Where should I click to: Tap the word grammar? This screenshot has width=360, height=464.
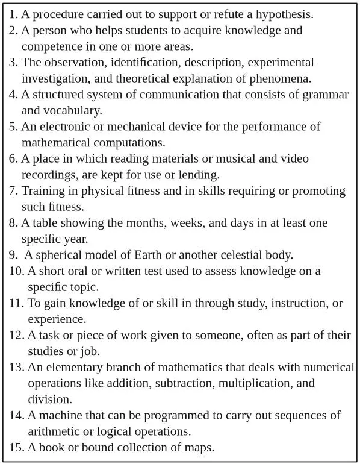327,95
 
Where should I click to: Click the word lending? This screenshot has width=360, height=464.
199,175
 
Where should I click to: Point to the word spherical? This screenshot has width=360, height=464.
60,255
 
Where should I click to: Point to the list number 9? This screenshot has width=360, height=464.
13,255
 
